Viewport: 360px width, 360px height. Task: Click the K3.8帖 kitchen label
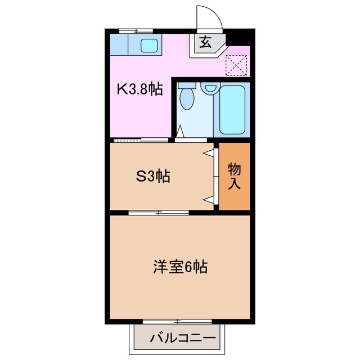(x=139, y=88)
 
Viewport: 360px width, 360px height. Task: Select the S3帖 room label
(x=152, y=176)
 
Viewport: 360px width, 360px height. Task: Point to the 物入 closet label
(x=233, y=175)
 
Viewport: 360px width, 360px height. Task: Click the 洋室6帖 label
(x=180, y=267)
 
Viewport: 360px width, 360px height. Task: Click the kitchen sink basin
(x=148, y=45)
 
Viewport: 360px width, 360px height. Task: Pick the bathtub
(x=232, y=110)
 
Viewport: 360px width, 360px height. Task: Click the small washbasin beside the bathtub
(x=210, y=88)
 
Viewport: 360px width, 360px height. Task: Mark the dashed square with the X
(x=236, y=65)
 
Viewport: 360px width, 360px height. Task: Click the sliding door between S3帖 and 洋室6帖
(x=159, y=213)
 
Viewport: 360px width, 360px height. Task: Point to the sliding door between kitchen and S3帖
(x=141, y=139)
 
